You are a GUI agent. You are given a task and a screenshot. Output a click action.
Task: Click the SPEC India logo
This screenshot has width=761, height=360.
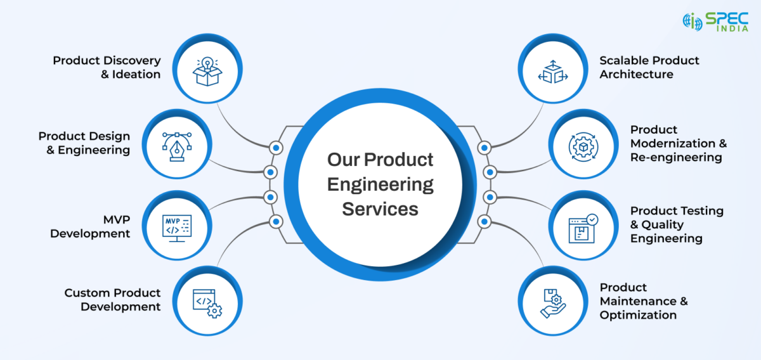pos(715,22)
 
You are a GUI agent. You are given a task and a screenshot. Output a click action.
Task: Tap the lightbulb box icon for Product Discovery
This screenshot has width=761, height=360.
pos(207,72)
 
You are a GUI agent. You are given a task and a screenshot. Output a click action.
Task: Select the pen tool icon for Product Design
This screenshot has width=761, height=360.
pos(177,146)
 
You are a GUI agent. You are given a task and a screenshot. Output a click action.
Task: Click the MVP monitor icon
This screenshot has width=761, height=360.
pos(177,228)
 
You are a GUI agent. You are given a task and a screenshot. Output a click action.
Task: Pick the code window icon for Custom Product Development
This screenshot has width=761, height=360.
pos(207,304)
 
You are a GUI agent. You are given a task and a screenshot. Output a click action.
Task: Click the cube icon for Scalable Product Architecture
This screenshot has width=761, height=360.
pos(553,72)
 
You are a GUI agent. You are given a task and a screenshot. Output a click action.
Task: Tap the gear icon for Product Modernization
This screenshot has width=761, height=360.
pos(583,147)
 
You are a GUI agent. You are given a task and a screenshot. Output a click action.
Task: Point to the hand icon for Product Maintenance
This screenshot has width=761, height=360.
pos(553,304)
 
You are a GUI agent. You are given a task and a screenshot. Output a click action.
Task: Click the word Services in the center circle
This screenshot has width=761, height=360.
pos(380,209)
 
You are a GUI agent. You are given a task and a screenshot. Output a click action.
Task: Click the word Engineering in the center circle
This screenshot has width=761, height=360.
pos(380,185)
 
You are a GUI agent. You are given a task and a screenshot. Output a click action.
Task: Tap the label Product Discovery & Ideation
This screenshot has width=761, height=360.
pos(107,67)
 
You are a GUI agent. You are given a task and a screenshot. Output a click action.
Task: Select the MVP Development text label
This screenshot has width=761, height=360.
pos(90,226)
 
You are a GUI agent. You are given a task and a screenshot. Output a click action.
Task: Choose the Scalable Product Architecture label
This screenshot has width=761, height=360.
pos(649,67)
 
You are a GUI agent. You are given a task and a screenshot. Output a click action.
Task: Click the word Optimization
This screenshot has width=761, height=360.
pos(638,315)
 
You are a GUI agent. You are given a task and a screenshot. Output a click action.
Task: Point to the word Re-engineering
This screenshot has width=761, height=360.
pos(676,157)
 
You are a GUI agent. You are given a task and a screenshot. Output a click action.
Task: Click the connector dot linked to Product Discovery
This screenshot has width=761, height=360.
pos(276,148)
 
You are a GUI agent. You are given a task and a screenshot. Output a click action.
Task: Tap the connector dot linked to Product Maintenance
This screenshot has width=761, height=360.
pos(485,222)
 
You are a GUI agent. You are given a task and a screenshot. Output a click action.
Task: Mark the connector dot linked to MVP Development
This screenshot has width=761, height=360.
pos(270,197)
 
